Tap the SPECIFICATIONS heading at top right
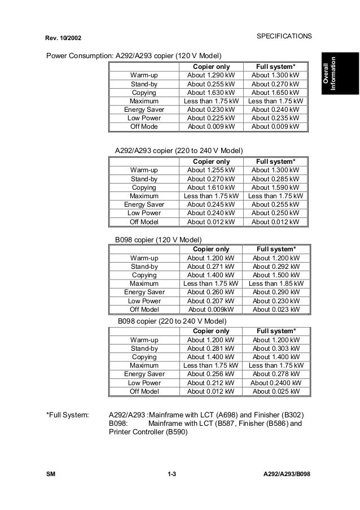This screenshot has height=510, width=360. coord(284,37)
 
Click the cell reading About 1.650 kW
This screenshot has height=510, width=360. coord(275,92)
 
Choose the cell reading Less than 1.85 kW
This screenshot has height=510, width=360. coord(275,284)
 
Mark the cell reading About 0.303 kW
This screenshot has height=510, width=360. coord(275,348)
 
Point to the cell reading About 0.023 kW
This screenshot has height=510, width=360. coord(275,310)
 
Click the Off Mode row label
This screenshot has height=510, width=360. coord(144,127)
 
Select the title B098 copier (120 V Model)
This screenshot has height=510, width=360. coord(158,239)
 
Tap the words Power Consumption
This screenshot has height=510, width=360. coord(79,56)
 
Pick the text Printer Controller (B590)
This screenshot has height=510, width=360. coord(147,433)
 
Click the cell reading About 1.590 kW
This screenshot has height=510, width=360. coord(275,188)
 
